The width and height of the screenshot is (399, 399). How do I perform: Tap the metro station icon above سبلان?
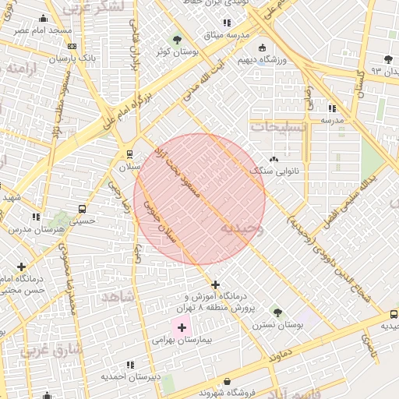click(x=129, y=154)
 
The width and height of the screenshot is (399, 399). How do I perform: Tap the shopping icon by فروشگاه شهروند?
click(x=227, y=381)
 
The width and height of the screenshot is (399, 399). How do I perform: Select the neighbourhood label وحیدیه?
click(x=242, y=228)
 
